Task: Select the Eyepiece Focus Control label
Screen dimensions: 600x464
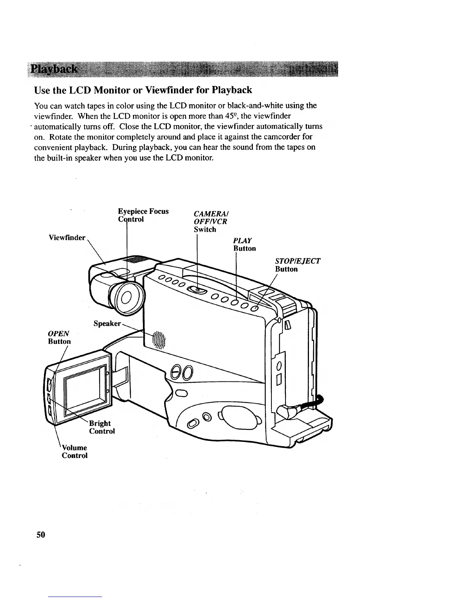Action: [143, 215]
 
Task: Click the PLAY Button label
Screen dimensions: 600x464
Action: [245, 244]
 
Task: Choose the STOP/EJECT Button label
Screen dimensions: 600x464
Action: [298, 265]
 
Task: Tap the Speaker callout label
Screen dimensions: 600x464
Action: [107, 323]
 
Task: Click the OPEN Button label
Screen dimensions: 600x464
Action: [59, 337]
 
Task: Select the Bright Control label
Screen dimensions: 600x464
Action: [101, 427]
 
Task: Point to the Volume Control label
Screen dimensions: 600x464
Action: [75, 452]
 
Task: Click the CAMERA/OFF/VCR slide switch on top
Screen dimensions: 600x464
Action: [198, 290]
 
